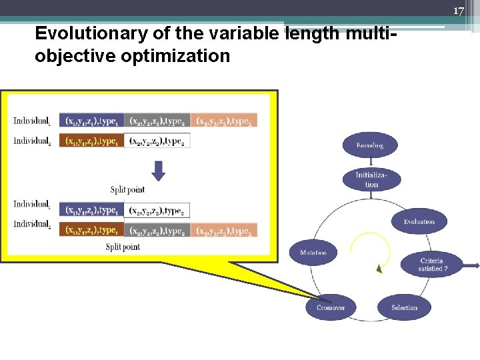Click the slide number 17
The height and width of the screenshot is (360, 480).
click(458, 11)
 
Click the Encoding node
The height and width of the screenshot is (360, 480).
click(370, 145)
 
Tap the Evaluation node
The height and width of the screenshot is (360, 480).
click(419, 221)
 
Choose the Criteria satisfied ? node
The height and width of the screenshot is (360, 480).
click(432, 265)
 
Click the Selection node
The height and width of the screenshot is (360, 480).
click(404, 307)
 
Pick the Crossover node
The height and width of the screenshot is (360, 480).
click(331, 307)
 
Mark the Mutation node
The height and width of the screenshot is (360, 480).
click(313, 253)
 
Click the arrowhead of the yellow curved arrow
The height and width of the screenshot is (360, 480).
click(379, 268)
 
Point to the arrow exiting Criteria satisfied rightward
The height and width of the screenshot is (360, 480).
click(471, 265)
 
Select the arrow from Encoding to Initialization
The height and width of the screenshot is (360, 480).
click(370, 162)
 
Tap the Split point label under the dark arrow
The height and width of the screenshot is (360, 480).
click(127, 190)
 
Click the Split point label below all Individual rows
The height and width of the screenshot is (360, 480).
click(123, 247)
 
